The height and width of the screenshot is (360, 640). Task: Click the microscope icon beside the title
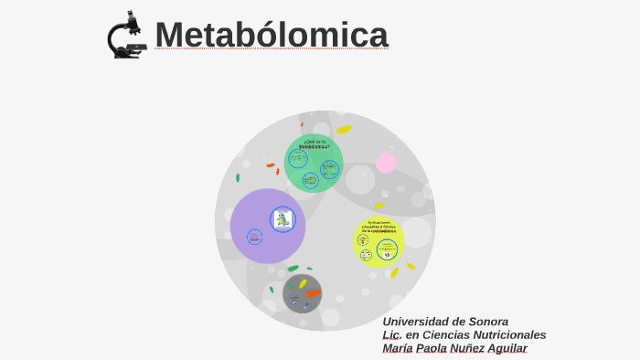(x=126, y=36)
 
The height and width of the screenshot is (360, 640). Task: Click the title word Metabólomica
(x=272, y=35)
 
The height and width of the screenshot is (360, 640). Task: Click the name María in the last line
(x=400, y=348)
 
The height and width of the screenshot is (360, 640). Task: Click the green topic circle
(x=314, y=163)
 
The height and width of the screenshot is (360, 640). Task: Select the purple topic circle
(x=267, y=226)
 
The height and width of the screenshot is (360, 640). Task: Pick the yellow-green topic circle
(x=379, y=241)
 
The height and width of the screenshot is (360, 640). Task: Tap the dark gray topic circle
(x=303, y=294)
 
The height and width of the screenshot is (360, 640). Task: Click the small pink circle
(x=386, y=163)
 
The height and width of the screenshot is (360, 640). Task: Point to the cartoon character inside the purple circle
(x=283, y=219)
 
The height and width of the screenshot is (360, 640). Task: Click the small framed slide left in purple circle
(x=254, y=237)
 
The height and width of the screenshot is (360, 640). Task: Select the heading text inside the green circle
(x=315, y=143)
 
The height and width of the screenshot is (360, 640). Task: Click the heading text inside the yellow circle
(x=379, y=226)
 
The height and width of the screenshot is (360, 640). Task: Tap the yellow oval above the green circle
(x=344, y=130)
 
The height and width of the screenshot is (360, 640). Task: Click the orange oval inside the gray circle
(x=313, y=293)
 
